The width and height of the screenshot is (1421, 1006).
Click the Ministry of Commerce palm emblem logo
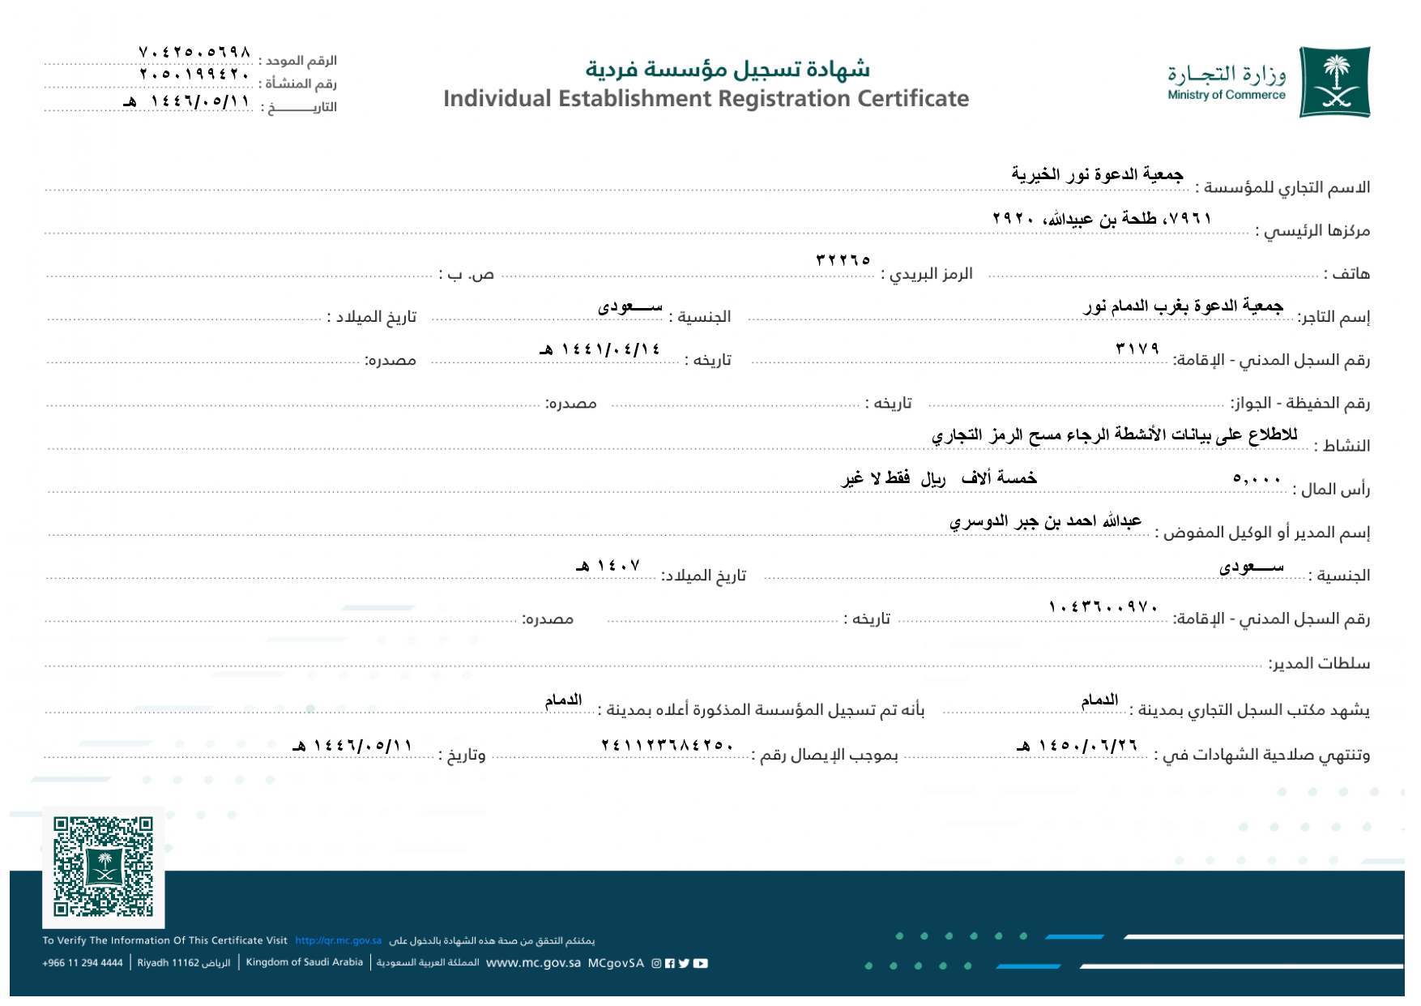pyautogui.click(x=1334, y=82)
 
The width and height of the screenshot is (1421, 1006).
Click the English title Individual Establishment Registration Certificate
pyautogui.click(x=706, y=99)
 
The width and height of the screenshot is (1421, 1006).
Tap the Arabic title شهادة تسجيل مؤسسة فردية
pyautogui.click(x=728, y=69)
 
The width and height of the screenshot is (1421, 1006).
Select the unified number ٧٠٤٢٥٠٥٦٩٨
pyautogui.click(x=194, y=53)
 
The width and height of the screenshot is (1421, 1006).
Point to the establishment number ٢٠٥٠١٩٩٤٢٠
pyautogui.click(x=194, y=75)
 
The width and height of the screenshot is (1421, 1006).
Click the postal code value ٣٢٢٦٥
pyautogui.click(x=843, y=260)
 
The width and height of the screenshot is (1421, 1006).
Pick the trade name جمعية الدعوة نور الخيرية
pyautogui.click(x=1097, y=174)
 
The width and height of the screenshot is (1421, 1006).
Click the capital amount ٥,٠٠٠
pyautogui.click(x=1257, y=478)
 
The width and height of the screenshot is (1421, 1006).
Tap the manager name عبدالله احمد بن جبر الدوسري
pyautogui.click(x=1045, y=521)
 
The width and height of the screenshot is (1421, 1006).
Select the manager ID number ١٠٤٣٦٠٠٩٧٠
pyautogui.click(x=1103, y=606)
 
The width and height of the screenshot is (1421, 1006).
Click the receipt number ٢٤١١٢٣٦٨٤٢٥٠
pyautogui.click(x=668, y=745)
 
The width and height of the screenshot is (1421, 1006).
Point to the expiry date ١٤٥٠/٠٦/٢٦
pyautogui.click(x=1078, y=745)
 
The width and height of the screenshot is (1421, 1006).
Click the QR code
pyautogui.click(x=103, y=867)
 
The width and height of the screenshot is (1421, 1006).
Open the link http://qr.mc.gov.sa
pyautogui.click(x=338, y=941)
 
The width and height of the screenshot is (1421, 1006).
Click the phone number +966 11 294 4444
pyautogui.click(x=83, y=963)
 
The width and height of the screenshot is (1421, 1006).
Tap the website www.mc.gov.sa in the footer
pyautogui.click(x=533, y=963)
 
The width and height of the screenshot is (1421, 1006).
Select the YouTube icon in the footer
pyautogui.click(x=701, y=963)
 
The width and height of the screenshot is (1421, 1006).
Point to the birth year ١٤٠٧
pyautogui.click(x=609, y=566)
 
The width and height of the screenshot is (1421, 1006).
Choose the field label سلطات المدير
pyautogui.click(x=1319, y=663)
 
